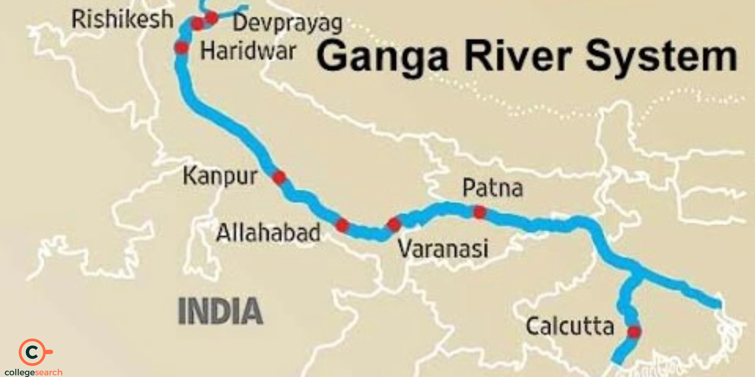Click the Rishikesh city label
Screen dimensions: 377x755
(123, 19)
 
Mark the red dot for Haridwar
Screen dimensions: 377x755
(182, 47)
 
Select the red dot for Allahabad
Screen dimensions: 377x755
(342, 225)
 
